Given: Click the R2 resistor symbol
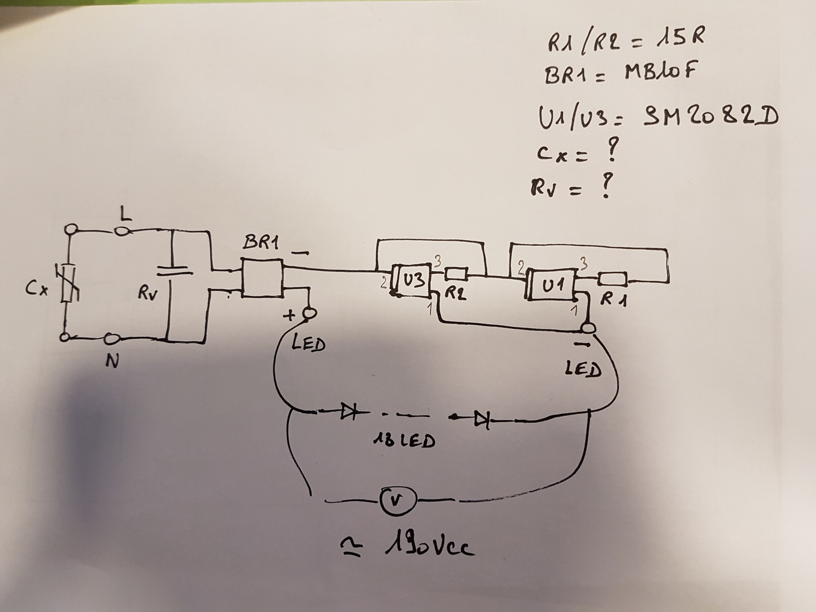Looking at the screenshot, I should point(456,274).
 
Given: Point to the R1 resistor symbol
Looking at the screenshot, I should point(612,279).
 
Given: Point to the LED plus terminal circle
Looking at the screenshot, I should point(310,313).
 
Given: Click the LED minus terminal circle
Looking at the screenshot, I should point(588,328).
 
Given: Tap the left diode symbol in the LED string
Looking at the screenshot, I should point(348,412).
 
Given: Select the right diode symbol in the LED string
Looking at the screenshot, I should point(481,419).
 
